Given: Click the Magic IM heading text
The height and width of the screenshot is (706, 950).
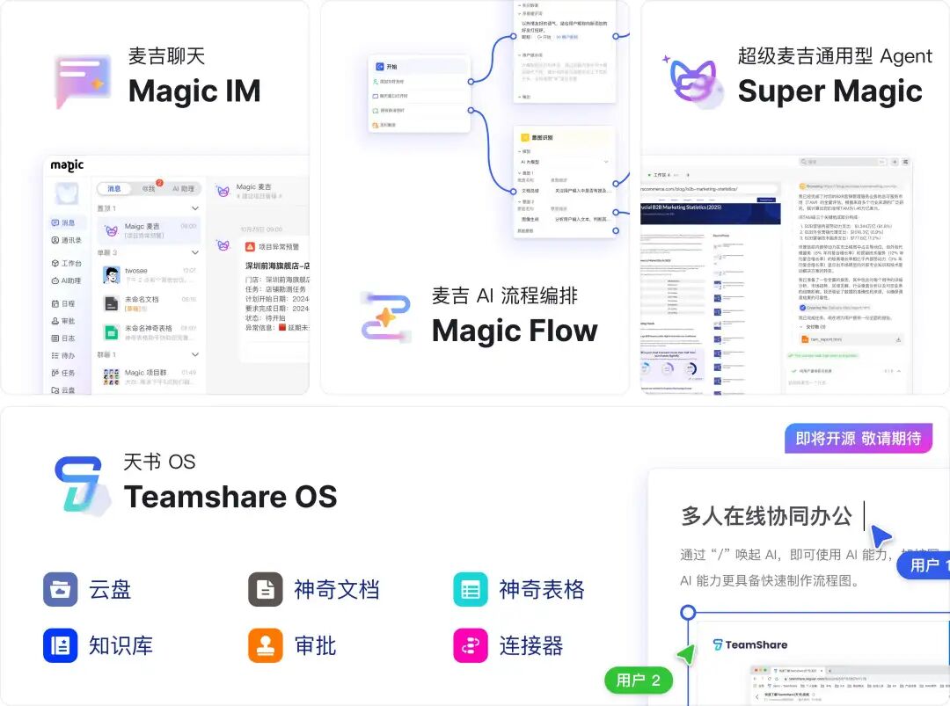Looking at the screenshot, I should coord(194,91).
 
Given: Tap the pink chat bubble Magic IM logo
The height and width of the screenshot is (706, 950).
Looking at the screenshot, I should coord(82,81).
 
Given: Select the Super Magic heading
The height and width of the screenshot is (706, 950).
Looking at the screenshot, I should coord(829,91).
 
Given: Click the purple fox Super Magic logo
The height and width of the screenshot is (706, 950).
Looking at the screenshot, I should coord(693,80).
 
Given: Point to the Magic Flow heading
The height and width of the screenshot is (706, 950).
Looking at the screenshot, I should coord(515,331).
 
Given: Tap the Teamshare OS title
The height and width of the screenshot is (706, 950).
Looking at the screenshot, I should coord(230,496).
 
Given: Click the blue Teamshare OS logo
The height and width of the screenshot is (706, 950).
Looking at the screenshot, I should coord(81,485).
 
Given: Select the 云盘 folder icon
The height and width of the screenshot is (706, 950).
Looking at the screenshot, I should coord(61,589).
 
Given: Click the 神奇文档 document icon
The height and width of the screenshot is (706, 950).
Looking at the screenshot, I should coord(266,589).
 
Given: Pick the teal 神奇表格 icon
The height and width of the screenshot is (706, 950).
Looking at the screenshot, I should coord(471,589).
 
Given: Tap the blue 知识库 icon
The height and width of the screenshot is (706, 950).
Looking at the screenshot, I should coord(61,645).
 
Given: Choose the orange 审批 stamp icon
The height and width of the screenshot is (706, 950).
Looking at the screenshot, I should coord(266,645).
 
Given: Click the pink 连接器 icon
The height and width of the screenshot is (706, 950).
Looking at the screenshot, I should coord(471,645).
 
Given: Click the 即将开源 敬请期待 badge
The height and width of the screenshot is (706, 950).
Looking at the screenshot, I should coord(858,438).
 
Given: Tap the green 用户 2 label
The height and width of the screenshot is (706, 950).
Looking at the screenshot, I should coord(638,680).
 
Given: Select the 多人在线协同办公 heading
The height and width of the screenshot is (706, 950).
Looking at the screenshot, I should coord(766,516).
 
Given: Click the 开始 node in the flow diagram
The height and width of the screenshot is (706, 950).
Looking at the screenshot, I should coord(391,66).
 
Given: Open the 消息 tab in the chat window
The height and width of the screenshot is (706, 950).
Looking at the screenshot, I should coord(114,188).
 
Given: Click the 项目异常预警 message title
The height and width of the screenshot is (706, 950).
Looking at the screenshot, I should coord(278,247).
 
